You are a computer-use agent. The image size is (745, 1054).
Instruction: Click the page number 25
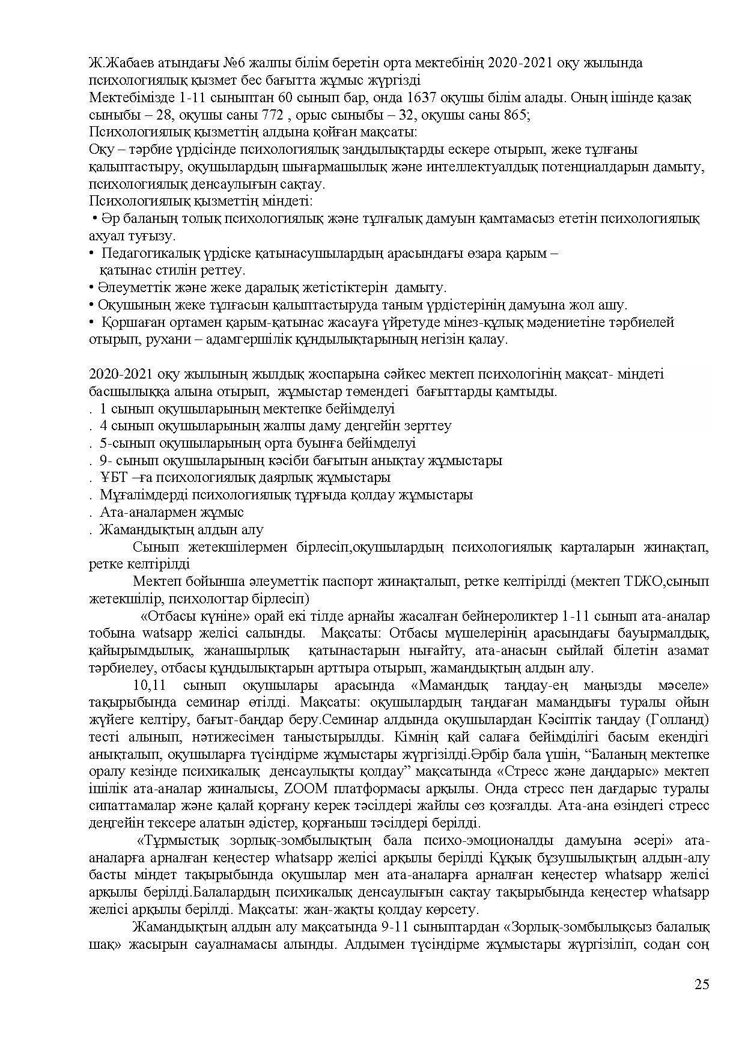tap(702, 984)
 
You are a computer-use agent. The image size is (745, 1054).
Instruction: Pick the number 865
tap(515, 115)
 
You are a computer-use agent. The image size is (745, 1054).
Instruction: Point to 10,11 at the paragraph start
tap(150, 685)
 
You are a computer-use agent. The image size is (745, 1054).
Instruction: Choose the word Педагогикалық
tap(148, 253)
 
